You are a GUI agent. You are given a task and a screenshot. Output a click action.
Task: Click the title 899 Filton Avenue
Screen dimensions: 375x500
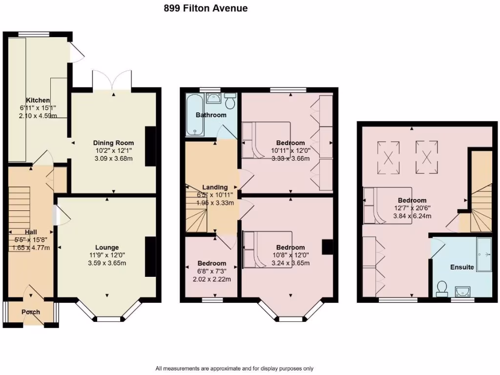205,8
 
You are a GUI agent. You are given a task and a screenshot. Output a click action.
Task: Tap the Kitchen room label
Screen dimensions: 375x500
38,100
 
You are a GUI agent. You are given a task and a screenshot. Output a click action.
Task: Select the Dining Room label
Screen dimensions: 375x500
113,143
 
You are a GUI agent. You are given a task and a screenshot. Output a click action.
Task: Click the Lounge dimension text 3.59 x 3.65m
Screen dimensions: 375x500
107,263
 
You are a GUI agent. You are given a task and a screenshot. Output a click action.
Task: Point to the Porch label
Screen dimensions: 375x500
30,312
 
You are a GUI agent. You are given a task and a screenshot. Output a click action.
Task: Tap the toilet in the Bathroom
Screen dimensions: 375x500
230,102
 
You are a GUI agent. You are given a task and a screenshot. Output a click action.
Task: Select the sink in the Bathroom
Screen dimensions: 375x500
214,99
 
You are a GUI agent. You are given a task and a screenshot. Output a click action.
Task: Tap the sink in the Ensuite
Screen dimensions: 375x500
462,292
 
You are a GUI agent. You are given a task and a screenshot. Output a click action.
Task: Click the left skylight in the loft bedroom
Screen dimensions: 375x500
389,157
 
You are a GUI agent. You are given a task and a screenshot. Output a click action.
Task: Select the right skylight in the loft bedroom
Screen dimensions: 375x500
426,157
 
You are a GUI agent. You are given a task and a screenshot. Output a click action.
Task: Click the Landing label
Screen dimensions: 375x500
215,187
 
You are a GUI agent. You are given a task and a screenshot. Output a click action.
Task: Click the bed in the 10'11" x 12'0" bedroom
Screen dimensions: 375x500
267,140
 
